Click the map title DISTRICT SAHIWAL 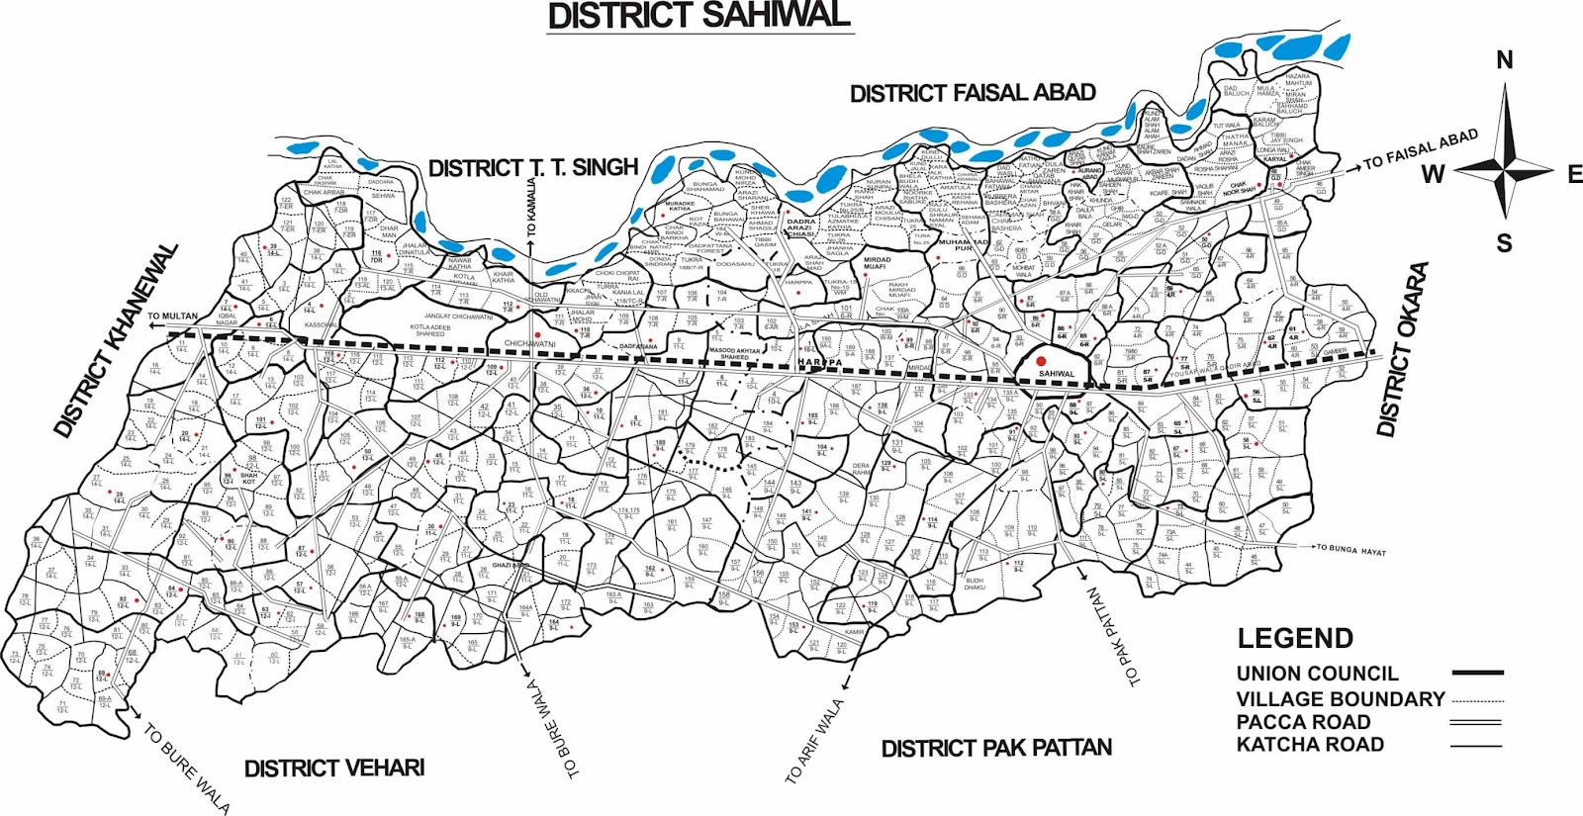(698, 16)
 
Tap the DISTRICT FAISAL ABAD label (973, 93)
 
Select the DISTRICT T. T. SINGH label (533, 167)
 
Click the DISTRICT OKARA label (1403, 348)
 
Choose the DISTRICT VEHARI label (334, 769)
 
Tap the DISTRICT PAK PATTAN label (996, 748)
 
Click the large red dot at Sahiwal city (1041, 362)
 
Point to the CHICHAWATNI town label (531, 344)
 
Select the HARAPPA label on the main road (820, 363)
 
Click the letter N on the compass (1504, 60)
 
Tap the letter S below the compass (1504, 243)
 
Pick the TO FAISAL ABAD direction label (1420, 148)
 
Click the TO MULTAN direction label (172, 317)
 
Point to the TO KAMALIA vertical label (532, 207)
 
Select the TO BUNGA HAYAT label (1350, 550)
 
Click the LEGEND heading (1295, 638)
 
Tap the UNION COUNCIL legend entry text (1317, 674)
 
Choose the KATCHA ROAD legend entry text (1310, 745)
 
